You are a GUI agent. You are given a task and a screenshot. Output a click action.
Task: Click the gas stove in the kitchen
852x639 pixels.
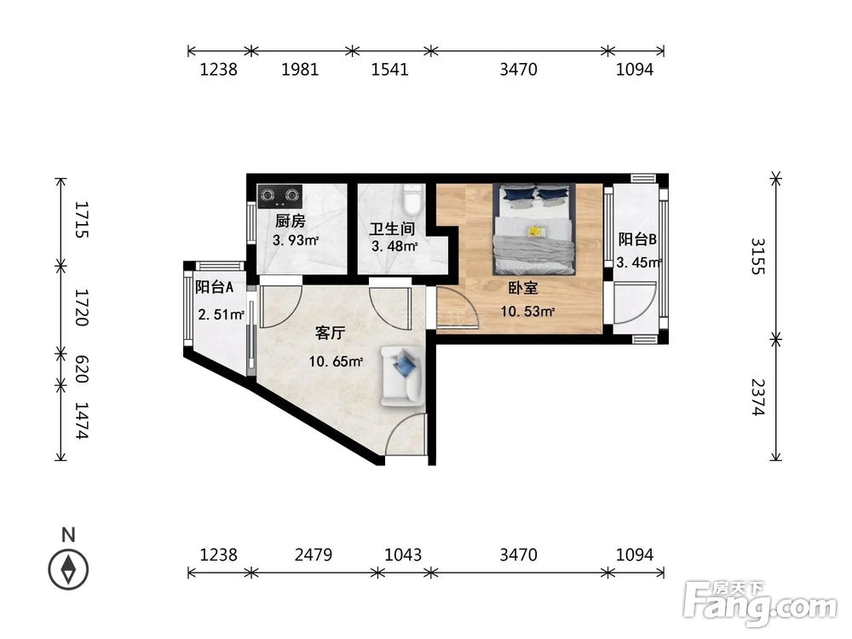click(x=279, y=197)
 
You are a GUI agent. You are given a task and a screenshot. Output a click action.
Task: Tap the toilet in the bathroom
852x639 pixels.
click(x=413, y=199)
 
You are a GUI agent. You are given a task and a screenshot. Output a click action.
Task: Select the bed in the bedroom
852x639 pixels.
click(x=534, y=228)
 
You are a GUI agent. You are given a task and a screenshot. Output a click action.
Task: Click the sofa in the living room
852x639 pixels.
click(x=401, y=376)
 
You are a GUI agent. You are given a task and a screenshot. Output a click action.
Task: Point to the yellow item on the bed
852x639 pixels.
click(x=536, y=232)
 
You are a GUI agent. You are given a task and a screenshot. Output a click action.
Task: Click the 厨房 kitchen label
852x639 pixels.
click(x=291, y=222)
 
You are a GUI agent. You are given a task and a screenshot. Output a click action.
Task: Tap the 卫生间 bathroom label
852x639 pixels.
click(x=392, y=228)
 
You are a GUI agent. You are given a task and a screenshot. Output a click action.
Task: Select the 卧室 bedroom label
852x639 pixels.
click(x=523, y=288)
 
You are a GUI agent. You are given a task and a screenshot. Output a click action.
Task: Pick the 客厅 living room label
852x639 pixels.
click(x=331, y=332)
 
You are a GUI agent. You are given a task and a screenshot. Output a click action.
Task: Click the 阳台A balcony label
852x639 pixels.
click(x=214, y=287)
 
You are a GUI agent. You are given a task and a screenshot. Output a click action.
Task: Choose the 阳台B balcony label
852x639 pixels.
click(x=637, y=239)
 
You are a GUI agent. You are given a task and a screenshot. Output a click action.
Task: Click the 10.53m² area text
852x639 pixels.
click(x=527, y=311)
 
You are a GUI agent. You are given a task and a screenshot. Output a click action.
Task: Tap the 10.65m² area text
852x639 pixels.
click(x=336, y=360)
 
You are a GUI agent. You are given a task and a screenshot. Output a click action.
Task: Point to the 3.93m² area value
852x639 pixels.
click(x=295, y=239)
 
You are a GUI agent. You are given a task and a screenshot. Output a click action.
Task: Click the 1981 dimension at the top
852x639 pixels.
click(x=300, y=70)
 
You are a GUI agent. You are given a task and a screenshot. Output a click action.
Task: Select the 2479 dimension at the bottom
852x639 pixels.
click(x=314, y=555)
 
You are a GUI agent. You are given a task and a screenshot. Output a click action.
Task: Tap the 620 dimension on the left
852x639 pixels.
click(x=81, y=369)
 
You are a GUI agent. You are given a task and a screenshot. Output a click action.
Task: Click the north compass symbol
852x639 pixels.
click(x=68, y=569)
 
